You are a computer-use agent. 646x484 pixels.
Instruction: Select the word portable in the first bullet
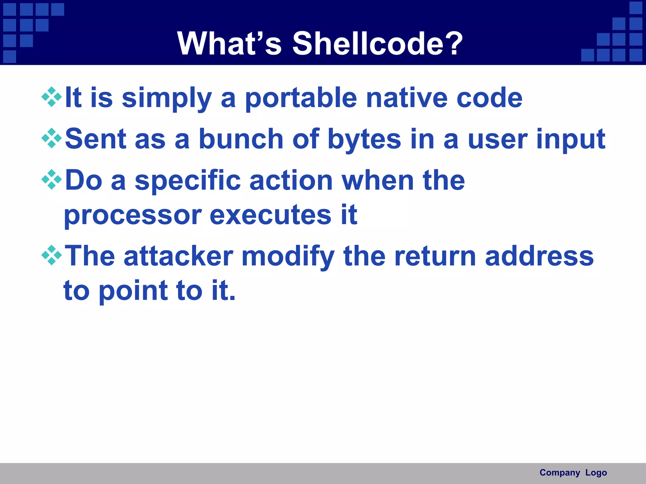[301, 98]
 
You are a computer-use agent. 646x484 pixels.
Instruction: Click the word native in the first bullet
[407, 98]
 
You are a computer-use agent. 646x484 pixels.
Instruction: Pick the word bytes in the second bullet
[364, 140]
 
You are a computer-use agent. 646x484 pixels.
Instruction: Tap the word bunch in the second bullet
[241, 139]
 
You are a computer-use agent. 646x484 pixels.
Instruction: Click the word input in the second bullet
[571, 140]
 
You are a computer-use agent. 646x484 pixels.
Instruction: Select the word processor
[132, 216]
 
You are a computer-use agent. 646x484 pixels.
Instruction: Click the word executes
[270, 215]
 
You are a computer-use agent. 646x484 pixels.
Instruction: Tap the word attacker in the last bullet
[179, 256]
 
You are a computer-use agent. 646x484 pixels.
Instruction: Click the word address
[539, 256]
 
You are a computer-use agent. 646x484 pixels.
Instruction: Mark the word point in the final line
[133, 291]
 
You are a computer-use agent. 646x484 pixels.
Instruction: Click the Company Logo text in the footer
[573, 473]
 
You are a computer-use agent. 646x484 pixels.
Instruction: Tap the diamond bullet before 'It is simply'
[52, 97]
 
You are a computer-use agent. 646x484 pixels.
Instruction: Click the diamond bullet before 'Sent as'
[52, 138]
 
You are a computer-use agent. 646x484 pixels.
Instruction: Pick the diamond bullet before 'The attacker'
[52, 255]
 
